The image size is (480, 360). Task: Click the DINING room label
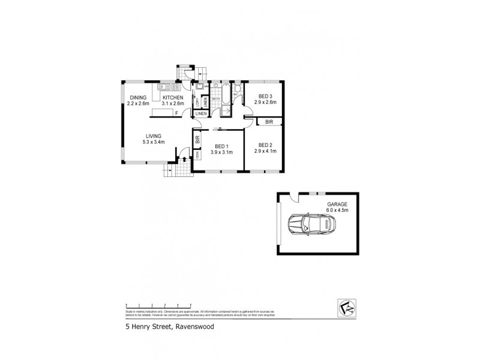click(138, 97)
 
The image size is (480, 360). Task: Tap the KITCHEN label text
click(173, 97)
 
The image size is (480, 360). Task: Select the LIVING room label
click(152, 136)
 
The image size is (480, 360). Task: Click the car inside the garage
click(311, 226)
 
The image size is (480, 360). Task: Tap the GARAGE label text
click(337, 204)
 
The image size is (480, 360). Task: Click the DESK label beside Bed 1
click(197, 154)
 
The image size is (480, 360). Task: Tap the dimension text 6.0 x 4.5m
click(337, 209)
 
